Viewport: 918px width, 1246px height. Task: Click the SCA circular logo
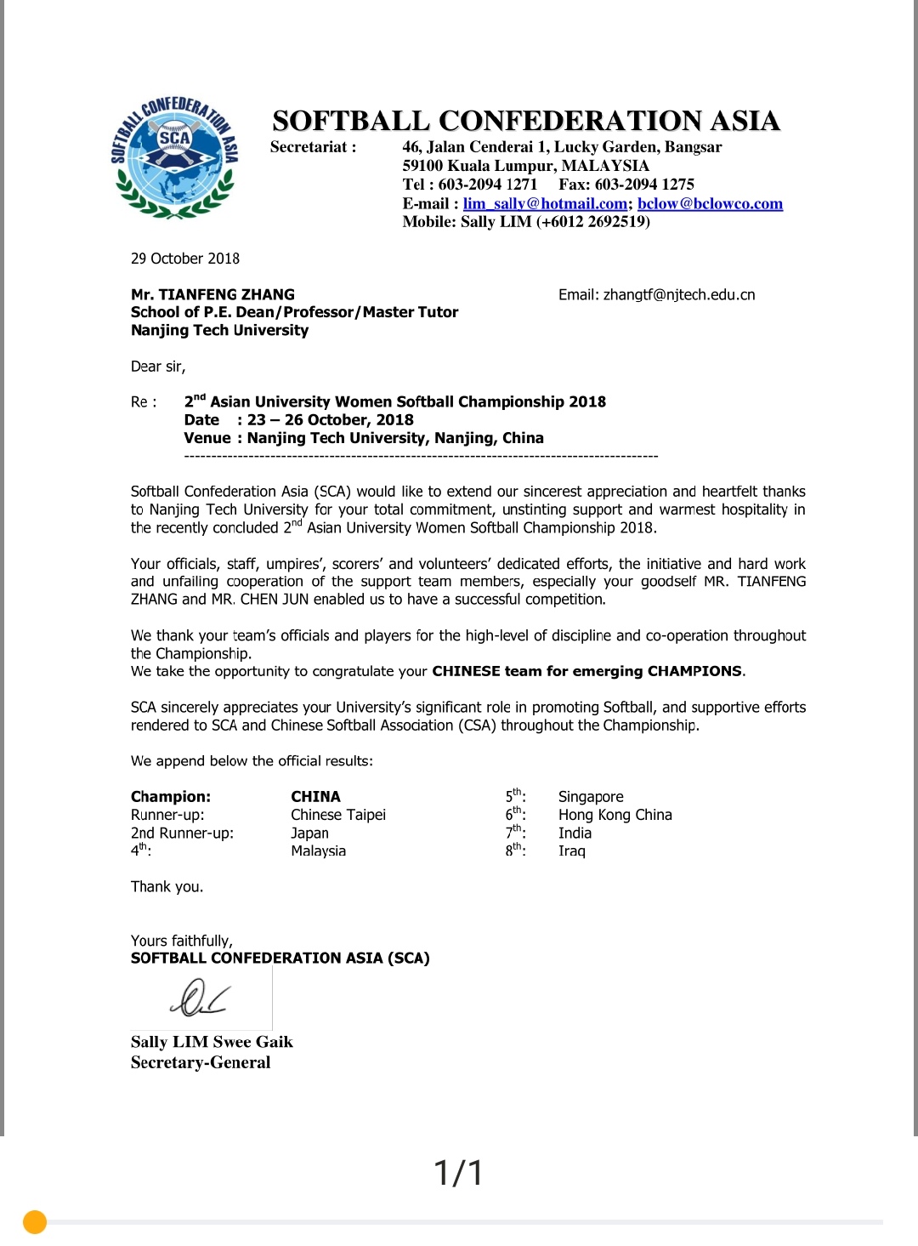(174, 158)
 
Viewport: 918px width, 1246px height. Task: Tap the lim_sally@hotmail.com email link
(545, 203)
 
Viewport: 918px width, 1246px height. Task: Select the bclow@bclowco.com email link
(710, 203)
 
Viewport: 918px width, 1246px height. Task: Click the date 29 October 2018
(185, 259)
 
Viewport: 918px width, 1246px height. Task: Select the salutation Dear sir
(158, 367)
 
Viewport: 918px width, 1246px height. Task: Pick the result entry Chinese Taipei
(338, 815)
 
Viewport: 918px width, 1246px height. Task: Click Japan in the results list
(309, 834)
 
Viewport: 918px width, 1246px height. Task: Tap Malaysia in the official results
(318, 851)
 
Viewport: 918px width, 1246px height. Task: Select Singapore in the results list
(591, 797)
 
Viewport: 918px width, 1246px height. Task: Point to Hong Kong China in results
(615, 815)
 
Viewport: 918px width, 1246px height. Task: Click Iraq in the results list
(571, 851)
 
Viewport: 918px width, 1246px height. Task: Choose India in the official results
(575, 834)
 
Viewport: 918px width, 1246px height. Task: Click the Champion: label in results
(171, 797)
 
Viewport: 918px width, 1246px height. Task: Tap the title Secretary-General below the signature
(201, 1062)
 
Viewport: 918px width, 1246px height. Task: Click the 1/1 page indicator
(459, 1173)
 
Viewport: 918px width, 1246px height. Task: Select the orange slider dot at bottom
(35, 1222)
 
